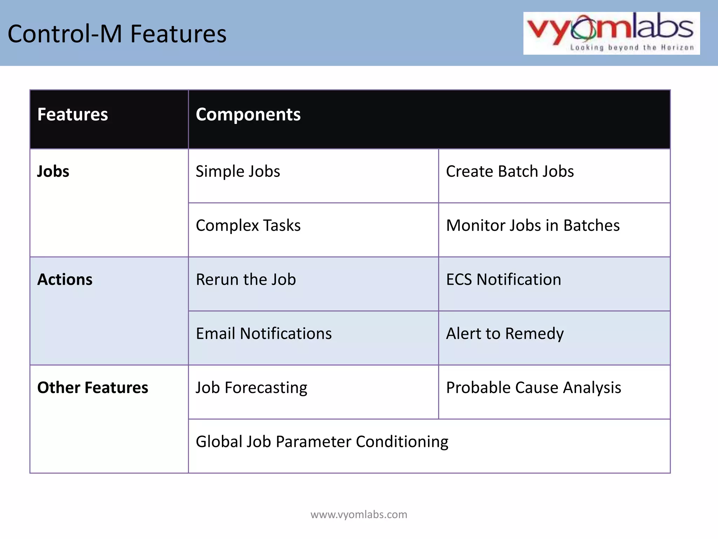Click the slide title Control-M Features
pyautogui.click(x=117, y=34)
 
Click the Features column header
pyautogui.click(x=73, y=114)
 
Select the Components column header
pyautogui.click(x=248, y=114)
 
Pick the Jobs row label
pyautogui.click(x=53, y=171)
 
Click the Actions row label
pyautogui.click(x=65, y=279)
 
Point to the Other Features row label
pyautogui.click(x=93, y=387)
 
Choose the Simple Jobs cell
pyautogui.click(x=238, y=171)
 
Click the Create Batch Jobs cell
pyautogui.click(x=510, y=171)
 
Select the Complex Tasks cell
pyautogui.click(x=248, y=225)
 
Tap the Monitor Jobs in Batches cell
pyautogui.click(x=533, y=225)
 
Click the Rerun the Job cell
pyautogui.click(x=246, y=279)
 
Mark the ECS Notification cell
pyautogui.click(x=503, y=279)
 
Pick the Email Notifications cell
pyautogui.click(x=264, y=333)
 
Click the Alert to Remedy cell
pyautogui.click(x=505, y=333)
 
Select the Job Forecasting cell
pyautogui.click(x=251, y=387)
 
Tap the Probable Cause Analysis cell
pyautogui.click(x=533, y=387)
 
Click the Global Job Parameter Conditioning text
pyautogui.click(x=322, y=441)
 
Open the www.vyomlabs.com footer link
pyautogui.click(x=359, y=514)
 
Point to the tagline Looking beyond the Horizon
pyautogui.click(x=632, y=47)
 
